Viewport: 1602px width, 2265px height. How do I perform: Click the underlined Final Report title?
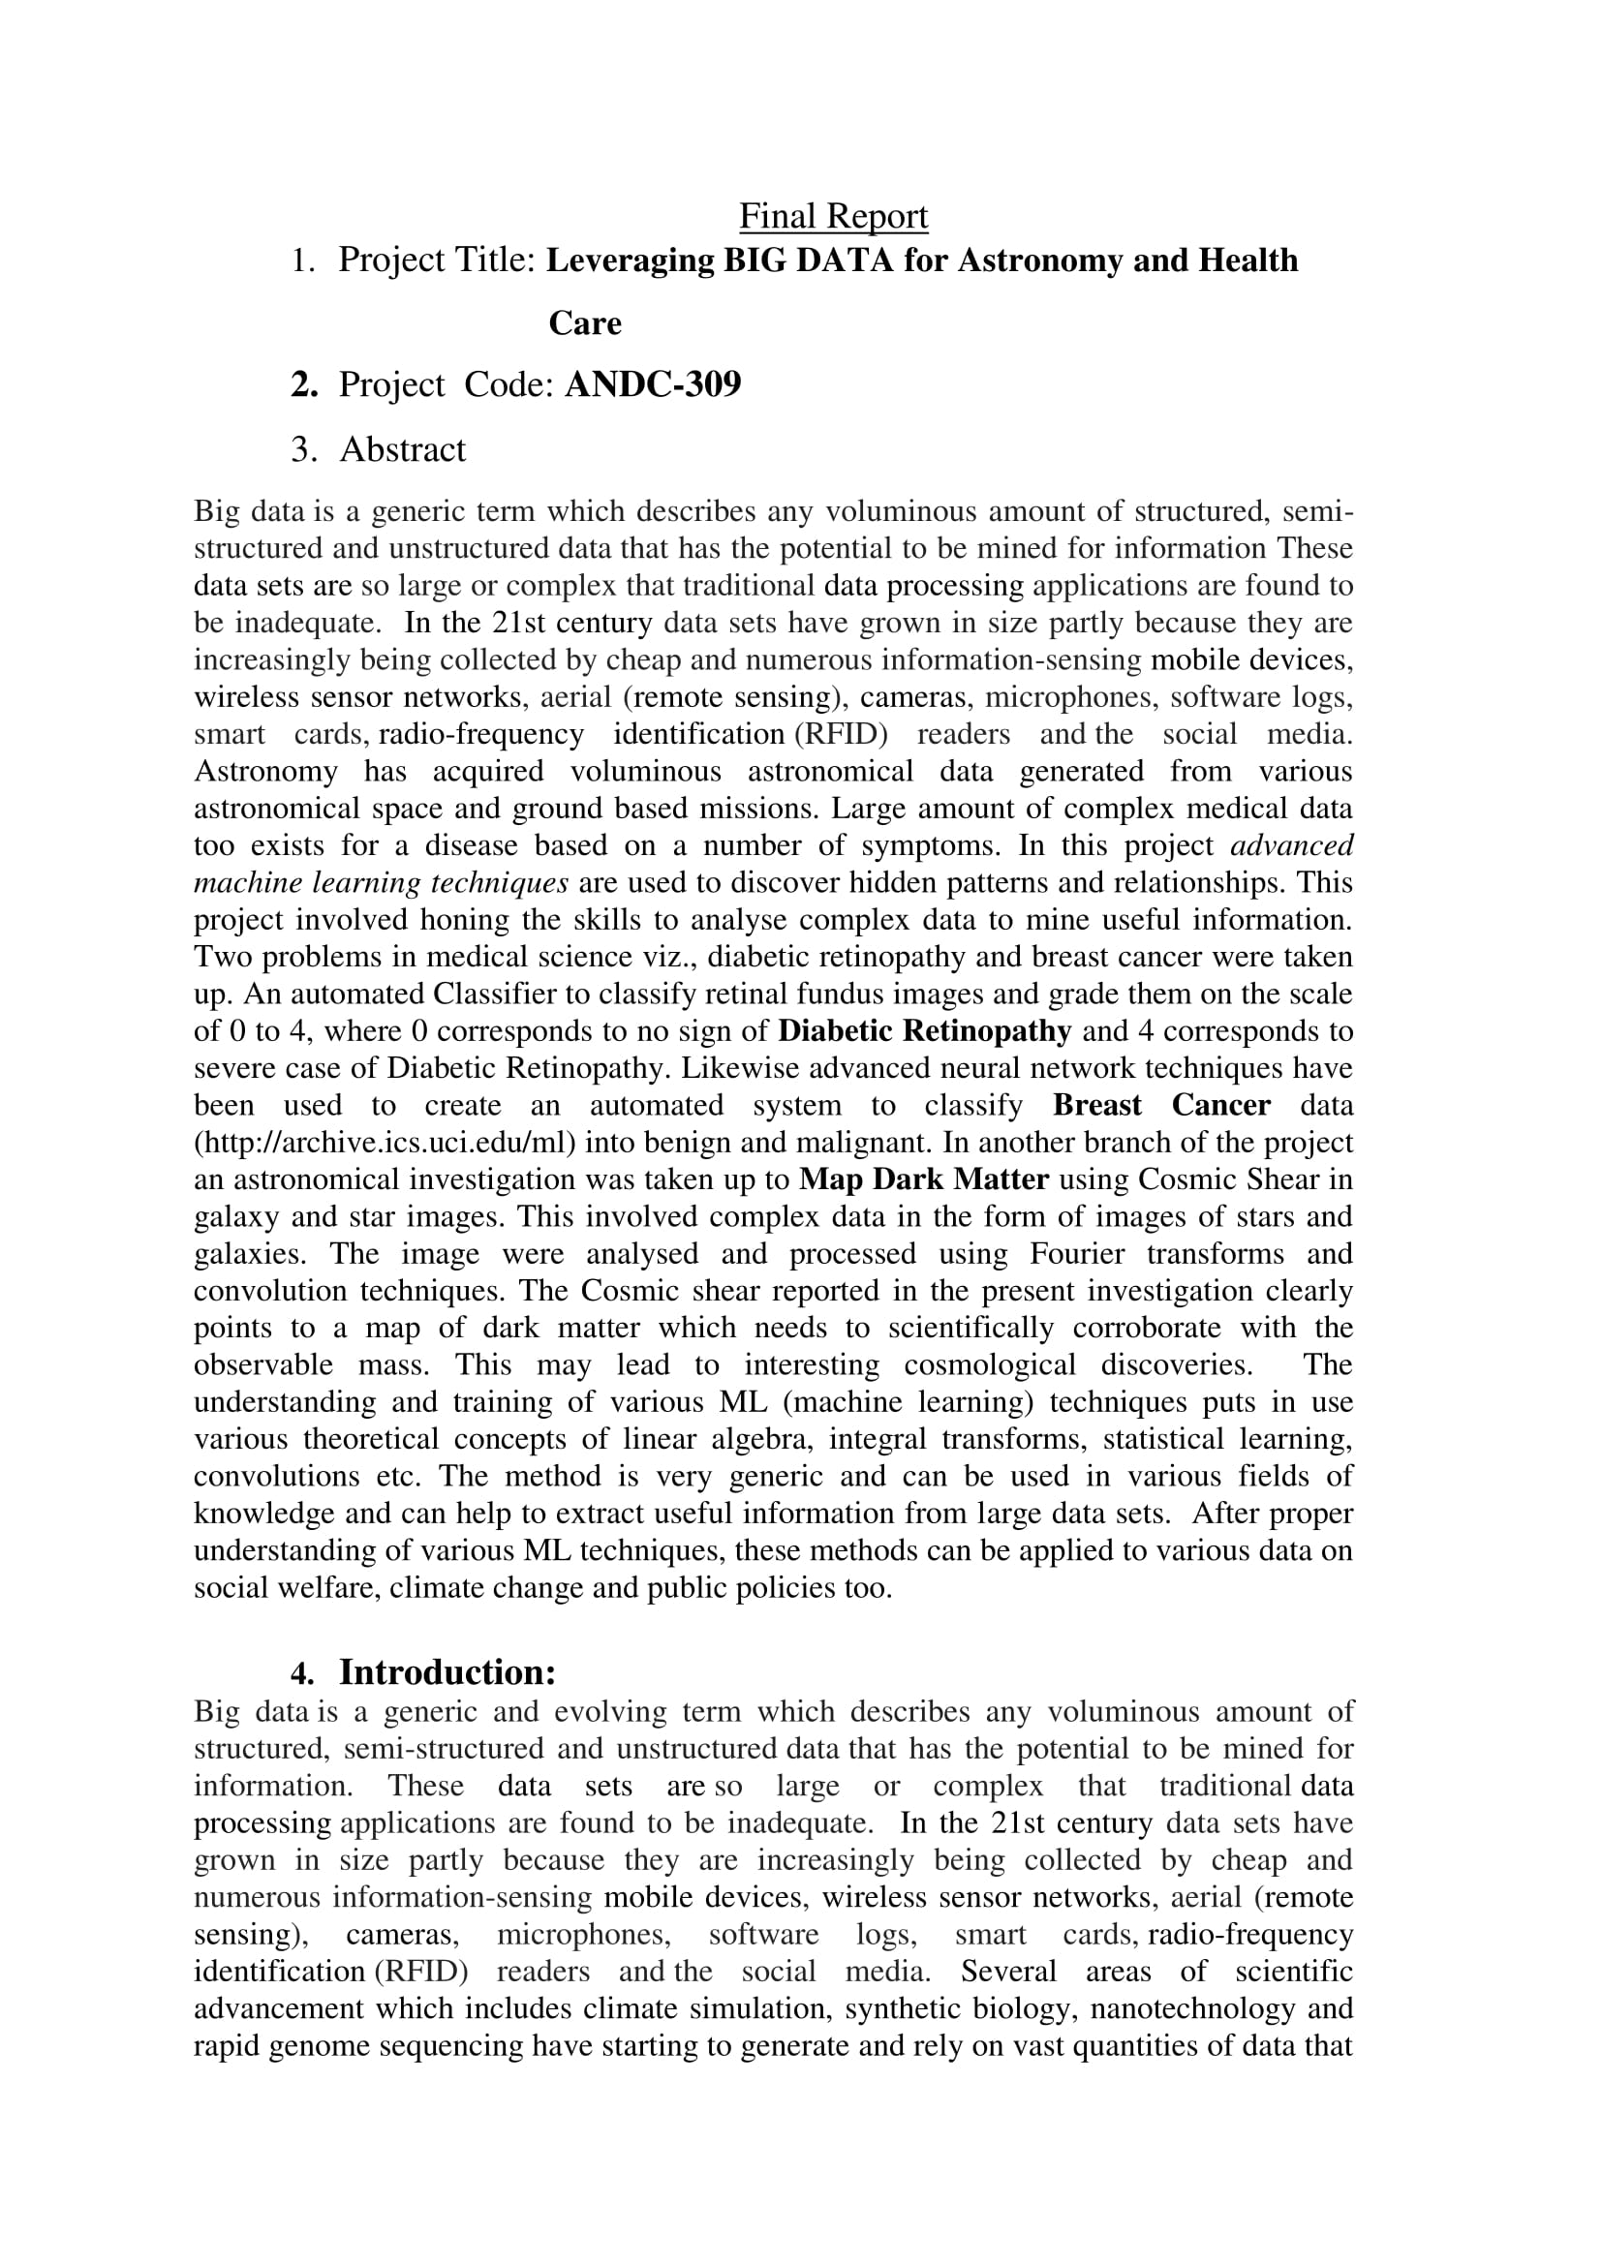(834, 217)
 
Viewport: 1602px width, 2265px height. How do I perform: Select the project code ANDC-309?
(652, 383)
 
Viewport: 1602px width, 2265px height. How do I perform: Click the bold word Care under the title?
(585, 323)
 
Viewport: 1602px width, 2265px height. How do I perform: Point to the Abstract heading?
(403, 450)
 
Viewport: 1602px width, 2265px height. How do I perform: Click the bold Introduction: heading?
(447, 1672)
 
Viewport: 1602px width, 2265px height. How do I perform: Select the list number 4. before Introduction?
(302, 1673)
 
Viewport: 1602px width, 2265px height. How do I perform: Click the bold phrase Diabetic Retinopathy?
(924, 1031)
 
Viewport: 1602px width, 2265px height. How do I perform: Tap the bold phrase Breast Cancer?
(1161, 1105)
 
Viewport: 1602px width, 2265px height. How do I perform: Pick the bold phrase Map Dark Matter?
(923, 1179)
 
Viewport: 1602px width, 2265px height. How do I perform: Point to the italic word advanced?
(1292, 845)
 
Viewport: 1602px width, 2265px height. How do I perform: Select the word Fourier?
(1075, 1254)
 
